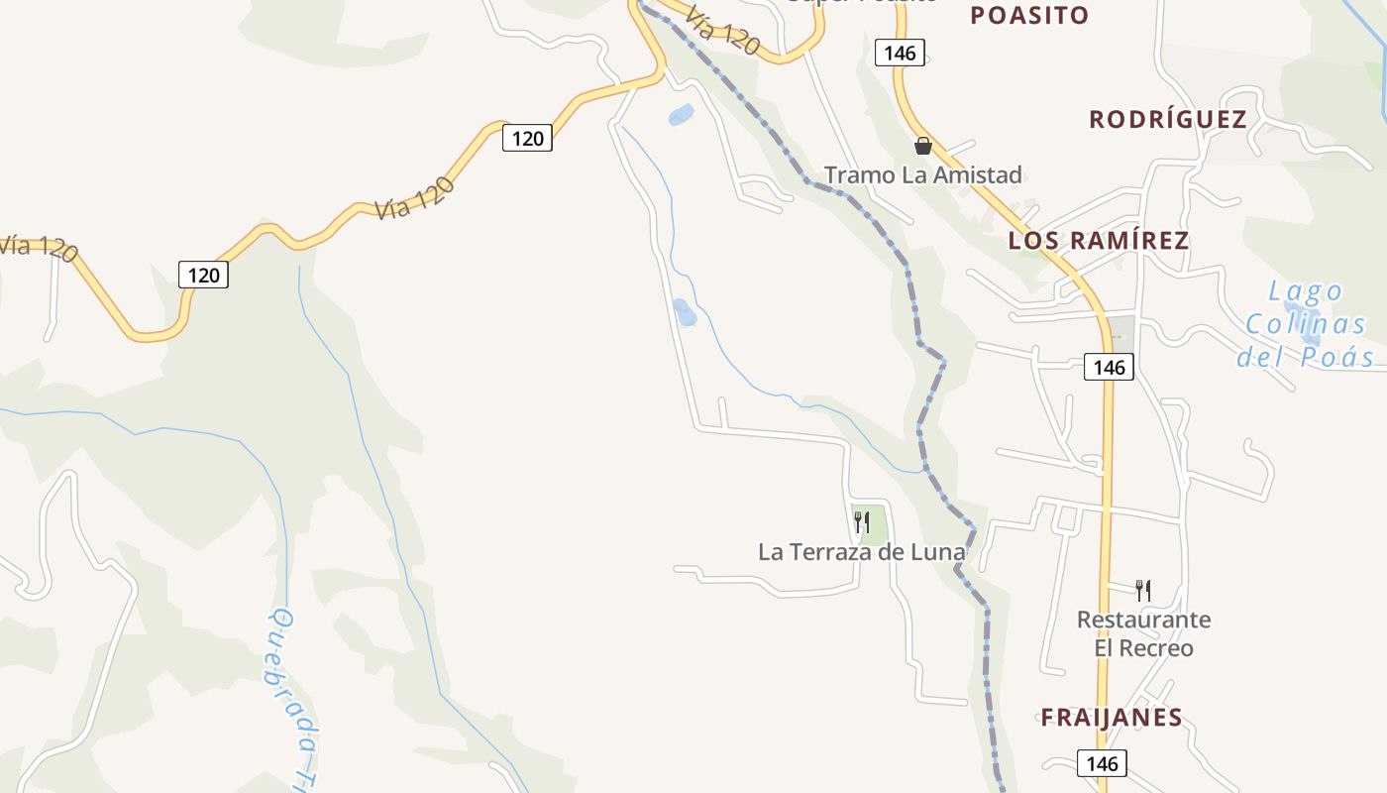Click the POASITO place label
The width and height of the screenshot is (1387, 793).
[1029, 16]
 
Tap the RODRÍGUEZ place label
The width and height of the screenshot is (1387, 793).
[1167, 120]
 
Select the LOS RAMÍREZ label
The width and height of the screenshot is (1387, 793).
[1098, 241]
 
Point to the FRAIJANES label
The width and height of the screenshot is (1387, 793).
[1111, 718]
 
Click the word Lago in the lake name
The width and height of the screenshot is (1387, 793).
[1306, 291]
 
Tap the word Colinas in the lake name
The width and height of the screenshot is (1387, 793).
[1305, 324]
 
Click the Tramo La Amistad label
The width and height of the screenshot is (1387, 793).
[922, 175]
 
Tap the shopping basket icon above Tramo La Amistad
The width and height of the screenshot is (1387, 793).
[923, 146]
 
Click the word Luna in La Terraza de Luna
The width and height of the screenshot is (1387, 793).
[941, 552]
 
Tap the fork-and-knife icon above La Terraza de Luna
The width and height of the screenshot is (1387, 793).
[862, 521]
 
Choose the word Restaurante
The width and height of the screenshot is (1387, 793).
[1143, 621]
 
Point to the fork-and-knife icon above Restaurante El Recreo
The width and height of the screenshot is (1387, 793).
[1142, 591]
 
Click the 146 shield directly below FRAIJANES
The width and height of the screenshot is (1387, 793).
[1101, 763]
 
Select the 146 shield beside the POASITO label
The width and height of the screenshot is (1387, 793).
[900, 53]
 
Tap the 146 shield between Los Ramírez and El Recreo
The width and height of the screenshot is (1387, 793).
[1109, 367]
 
